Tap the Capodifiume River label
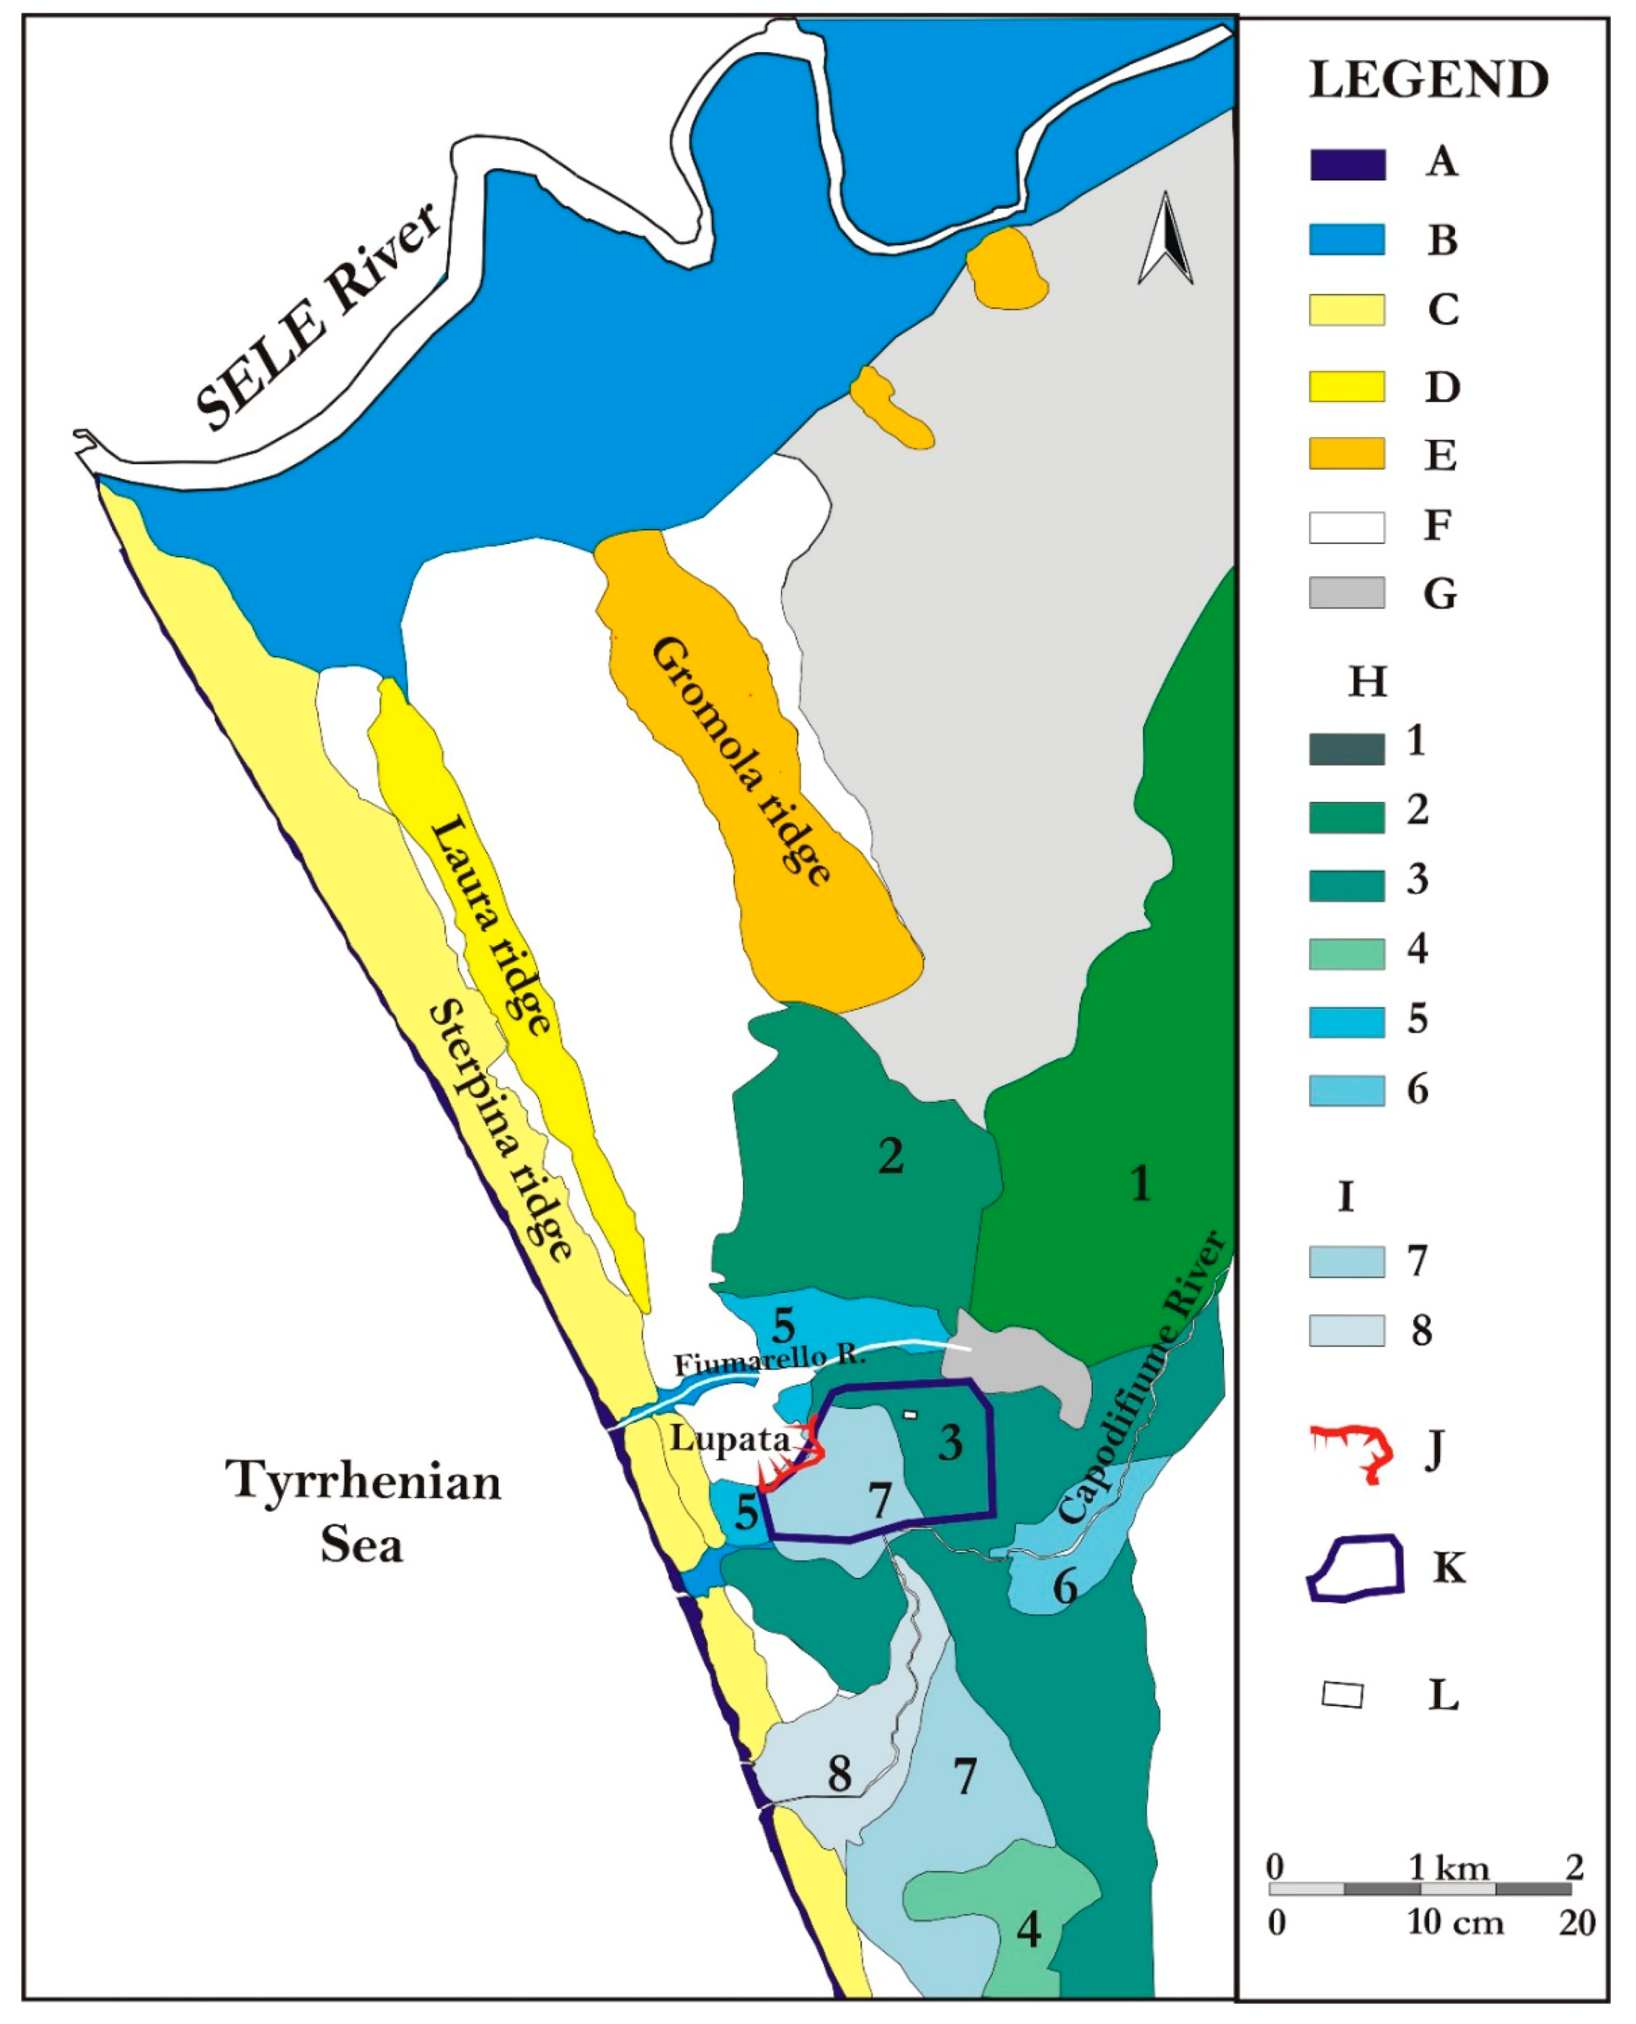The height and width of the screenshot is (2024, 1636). tap(1142, 1378)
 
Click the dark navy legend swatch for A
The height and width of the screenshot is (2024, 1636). tap(1346, 165)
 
